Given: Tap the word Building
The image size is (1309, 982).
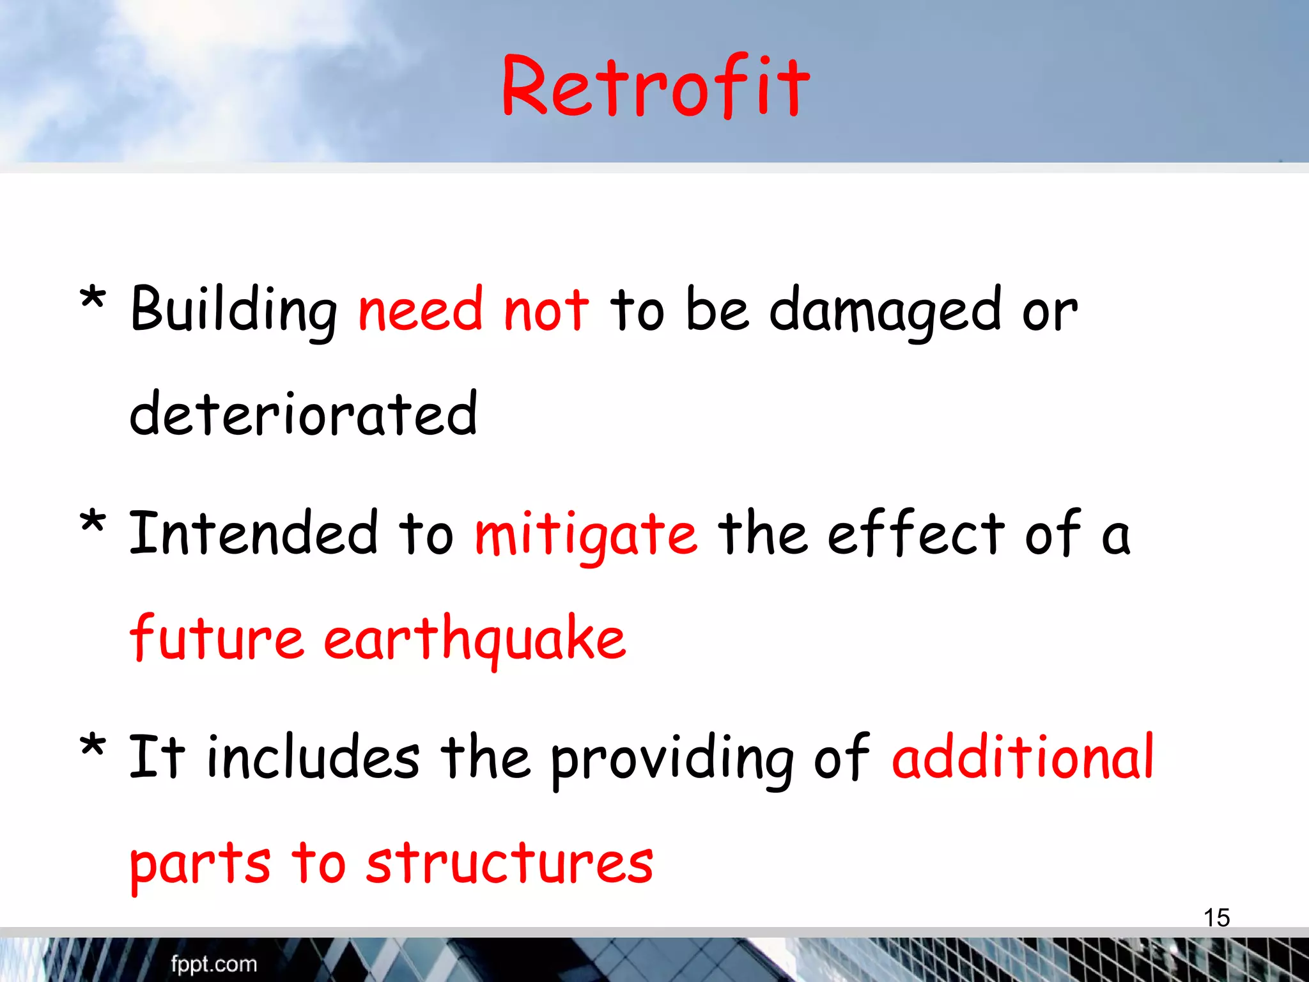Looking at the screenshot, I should (233, 311).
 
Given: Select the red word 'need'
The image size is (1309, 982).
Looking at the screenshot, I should (420, 311).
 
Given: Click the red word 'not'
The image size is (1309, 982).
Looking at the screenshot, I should (545, 311).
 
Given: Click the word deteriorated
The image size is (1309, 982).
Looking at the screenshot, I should (303, 415).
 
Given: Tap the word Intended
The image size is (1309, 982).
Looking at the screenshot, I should (253, 534).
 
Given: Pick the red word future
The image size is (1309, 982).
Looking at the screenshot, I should (216, 638).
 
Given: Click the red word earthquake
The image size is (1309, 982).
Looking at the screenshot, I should (474, 638).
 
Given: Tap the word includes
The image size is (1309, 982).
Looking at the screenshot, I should (313, 758).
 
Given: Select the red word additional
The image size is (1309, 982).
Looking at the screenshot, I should (1023, 758).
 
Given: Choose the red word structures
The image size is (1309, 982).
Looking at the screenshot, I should (509, 863).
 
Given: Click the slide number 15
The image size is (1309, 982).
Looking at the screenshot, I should (1216, 917).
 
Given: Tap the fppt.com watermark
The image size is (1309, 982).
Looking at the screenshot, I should (213, 964).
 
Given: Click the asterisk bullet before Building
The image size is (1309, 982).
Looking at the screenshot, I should (93, 299).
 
